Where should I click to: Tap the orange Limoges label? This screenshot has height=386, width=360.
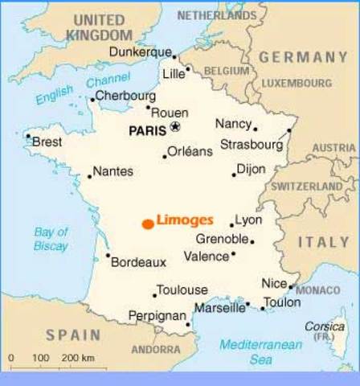tap(185, 220)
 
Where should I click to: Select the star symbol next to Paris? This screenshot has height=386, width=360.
tap(176, 127)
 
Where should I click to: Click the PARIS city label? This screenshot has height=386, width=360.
tap(148, 129)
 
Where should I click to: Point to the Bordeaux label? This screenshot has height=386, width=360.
tap(138, 262)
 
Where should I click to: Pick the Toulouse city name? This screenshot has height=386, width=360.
tap(182, 290)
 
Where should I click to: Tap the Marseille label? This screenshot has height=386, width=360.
tap(220, 308)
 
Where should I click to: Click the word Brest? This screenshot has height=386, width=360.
tap(47, 142)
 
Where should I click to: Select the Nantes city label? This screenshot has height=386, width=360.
tap(113, 171)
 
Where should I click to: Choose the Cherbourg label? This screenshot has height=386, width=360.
tap(126, 96)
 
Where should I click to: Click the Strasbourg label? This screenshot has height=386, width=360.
tap(254, 146)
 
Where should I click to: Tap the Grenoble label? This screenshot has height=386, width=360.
tap(221, 240)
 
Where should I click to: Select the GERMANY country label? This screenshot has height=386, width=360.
tap(303, 57)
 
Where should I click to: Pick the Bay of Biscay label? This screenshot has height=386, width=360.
tap(51, 239)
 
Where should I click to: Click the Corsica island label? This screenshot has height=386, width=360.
tap(325, 327)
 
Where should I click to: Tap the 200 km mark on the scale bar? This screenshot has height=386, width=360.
tap(78, 357)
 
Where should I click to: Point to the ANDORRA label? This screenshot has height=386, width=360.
tap(155, 350)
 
